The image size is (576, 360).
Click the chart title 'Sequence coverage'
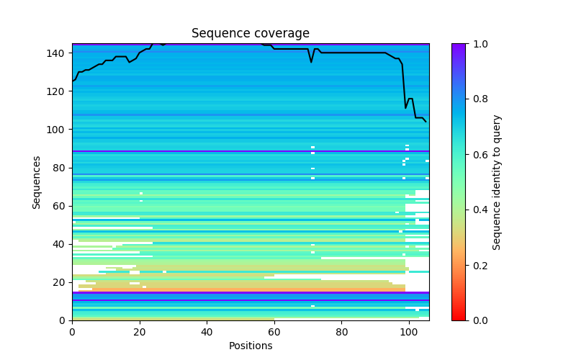[x=250, y=33]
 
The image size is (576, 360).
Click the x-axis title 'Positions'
[x=250, y=346]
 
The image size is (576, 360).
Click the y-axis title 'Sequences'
[x=37, y=182]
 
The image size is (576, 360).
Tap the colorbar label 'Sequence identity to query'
[x=497, y=182]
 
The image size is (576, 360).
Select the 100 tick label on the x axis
[x=409, y=332]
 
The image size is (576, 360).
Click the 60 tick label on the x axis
[x=274, y=332]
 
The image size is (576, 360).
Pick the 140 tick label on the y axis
[x=58, y=53]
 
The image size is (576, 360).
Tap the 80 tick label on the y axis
[x=60, y=168]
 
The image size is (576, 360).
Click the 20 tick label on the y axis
[x=60, y=282]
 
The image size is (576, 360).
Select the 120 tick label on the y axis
[x=58, y=91]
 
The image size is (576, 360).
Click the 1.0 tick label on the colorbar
[x=476, y=44]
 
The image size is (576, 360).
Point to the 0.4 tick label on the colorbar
[x=476, y=210]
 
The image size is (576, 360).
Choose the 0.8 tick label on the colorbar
[x=476, y=99]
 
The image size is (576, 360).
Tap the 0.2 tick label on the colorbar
[x=476, y=265]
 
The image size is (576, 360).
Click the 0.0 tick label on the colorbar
[x=476, y=320]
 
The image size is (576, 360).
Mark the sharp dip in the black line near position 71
[x=312, y=62]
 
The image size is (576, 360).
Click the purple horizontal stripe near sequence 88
[x=250, y=151]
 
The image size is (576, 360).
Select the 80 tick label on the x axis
[x=341, y=332]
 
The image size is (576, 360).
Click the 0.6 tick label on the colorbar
[x=476, y=155]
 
